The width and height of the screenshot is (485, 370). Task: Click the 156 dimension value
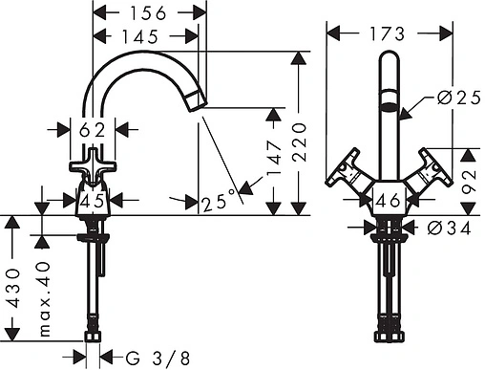click(148, 13)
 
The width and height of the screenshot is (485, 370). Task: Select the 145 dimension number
click(140, 36)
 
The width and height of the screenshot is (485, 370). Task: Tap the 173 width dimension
click(387, 33)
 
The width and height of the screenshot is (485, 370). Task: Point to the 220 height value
click(299, 141)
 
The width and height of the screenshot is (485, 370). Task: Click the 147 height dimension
click(274, 158)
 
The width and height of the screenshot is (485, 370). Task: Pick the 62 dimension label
click(92, 130)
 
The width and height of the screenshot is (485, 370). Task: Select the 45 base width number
click(92, 201)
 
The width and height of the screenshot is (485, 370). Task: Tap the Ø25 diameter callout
click(459, 98)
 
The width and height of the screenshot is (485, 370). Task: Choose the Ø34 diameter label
click(449, 229)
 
